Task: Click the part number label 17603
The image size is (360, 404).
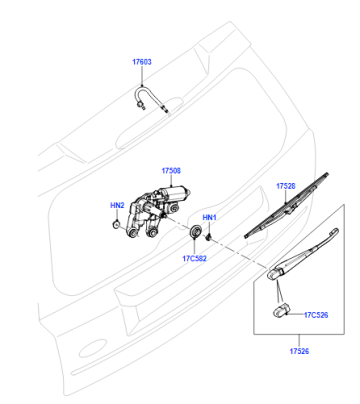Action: (142, 62)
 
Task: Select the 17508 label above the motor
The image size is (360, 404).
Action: (171, 171)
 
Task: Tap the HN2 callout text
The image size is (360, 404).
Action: (117, 205)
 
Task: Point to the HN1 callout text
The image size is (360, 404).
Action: (209, 218)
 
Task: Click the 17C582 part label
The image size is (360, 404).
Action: (194, 258)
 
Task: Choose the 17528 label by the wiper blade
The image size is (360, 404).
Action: (286, 186)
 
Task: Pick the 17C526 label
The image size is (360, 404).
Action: (316, 315)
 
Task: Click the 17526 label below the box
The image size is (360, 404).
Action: (299, 351)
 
